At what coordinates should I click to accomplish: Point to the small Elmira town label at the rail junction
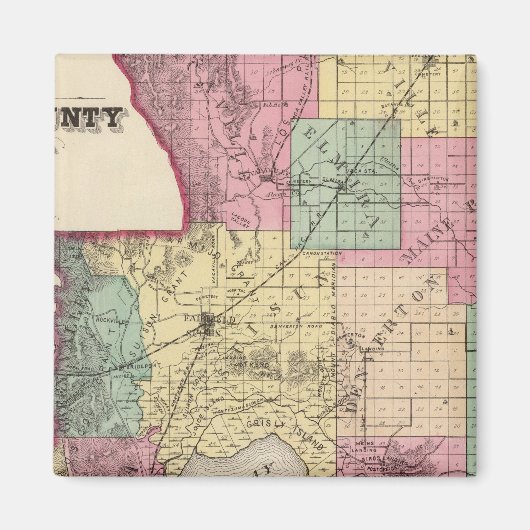300,181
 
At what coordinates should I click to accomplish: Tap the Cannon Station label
321,255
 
